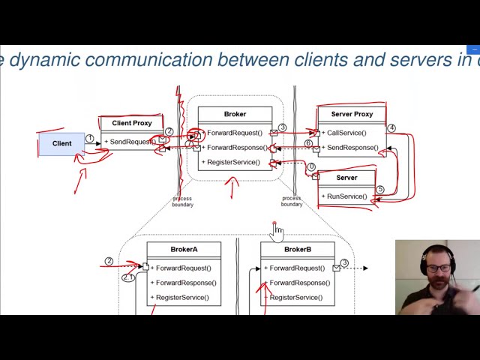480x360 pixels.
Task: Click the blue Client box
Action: (x=61, y=143)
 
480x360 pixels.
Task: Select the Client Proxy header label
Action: (x=132, y=123)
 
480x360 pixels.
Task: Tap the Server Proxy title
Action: (x=352, y=114)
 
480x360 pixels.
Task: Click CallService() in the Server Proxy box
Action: (x=346, y=133)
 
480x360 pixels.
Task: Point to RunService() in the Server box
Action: (x=346, y=196)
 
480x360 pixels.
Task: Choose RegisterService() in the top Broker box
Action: (x=233, y=162)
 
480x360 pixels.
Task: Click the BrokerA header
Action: (x=184, y=250)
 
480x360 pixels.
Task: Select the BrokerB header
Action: (x=297, y=250)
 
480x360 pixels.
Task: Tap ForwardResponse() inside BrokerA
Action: (x=186, y=283)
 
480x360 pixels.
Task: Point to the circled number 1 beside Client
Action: (x=90, y=138)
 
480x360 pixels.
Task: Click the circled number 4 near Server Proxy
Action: (x=391, y=128)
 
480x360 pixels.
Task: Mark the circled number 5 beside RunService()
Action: (x=380, y=190)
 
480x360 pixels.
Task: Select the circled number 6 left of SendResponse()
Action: (x=308, y=143)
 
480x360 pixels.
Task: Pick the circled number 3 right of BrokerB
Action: (x=344, y=263)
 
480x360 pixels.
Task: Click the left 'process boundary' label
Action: (x=182, y=202)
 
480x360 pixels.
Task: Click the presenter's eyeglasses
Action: (x=439, y=268)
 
